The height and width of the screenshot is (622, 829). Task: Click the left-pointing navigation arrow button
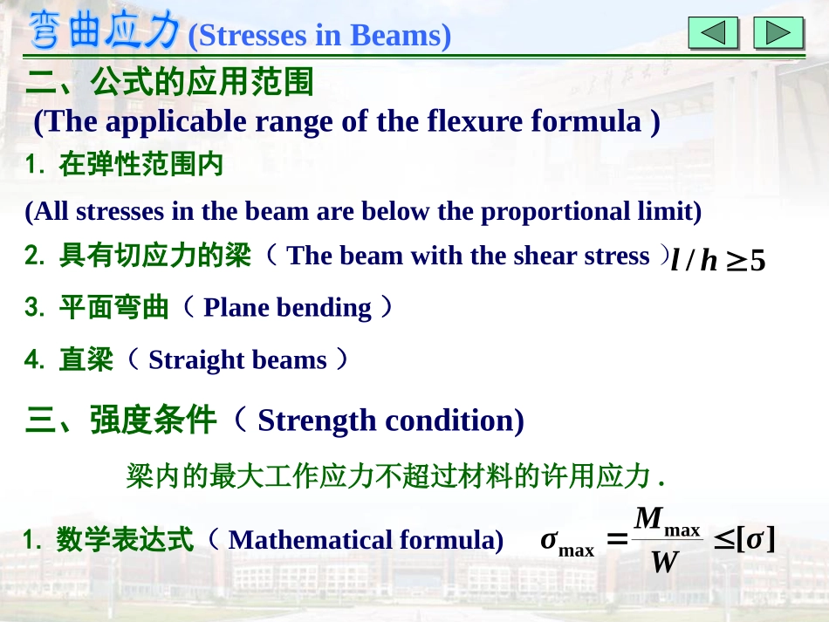click(713, 33)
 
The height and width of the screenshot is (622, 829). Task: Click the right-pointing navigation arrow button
click(778, 33)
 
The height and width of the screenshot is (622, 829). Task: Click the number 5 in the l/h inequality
click(757, 261)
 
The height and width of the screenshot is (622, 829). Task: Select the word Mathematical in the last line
click(309, 540)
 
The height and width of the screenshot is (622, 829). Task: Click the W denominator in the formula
click(665, 563)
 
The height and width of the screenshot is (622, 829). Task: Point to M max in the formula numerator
click(667, 521)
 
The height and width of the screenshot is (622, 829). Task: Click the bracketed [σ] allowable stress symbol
click(756, 539)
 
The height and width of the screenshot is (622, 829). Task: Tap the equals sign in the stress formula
click(617, 541)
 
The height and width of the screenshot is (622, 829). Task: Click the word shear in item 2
click(546, 256)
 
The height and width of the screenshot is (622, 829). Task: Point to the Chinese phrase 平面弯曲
click(113, 308)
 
